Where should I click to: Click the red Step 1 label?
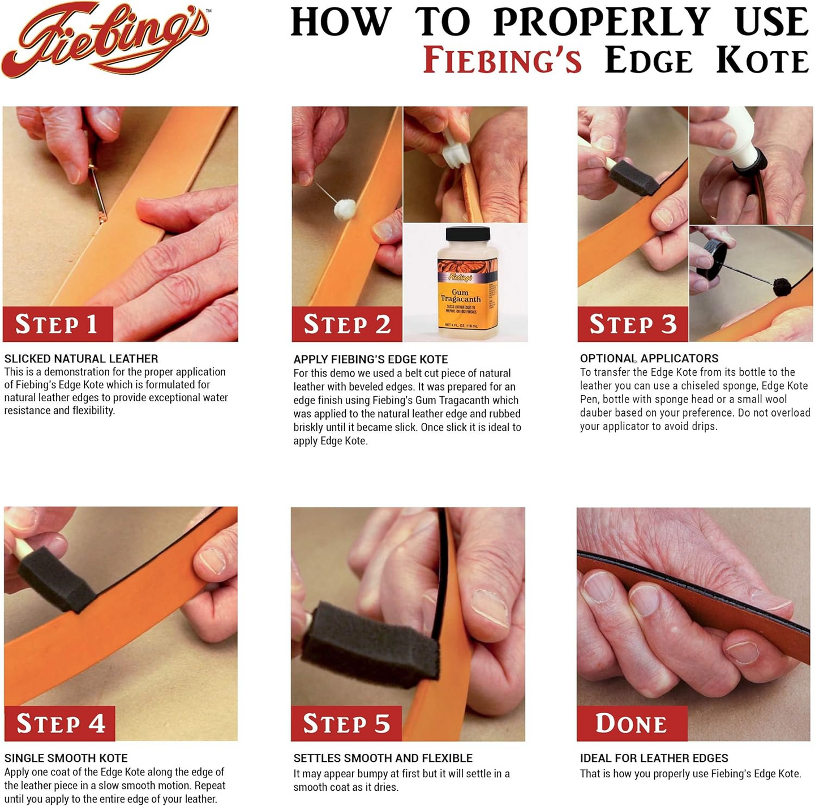[x=57, y=324]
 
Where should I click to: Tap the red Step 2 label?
[x=346, y=324]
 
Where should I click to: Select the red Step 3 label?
[x=632, y=324]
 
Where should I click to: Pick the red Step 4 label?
[x=60, y=723]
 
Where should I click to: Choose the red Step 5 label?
[x=346, y=723]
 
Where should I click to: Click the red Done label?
[x=631, y=723]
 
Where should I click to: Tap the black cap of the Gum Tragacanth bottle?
[x=467, y=233]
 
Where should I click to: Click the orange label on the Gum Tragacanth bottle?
[x=467, y=294]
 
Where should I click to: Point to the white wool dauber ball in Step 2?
[x=345, y=209]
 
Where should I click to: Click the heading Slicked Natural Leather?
[x=81, y=359]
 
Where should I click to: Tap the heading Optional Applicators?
[x=649, y=358]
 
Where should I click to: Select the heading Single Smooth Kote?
[x=66, y=758]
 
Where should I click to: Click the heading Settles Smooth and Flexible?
[x=383, y=758]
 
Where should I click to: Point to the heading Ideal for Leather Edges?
[x=654, y=758]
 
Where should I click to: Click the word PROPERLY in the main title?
[x=602, y=23]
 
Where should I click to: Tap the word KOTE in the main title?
[x=762, y=61]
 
